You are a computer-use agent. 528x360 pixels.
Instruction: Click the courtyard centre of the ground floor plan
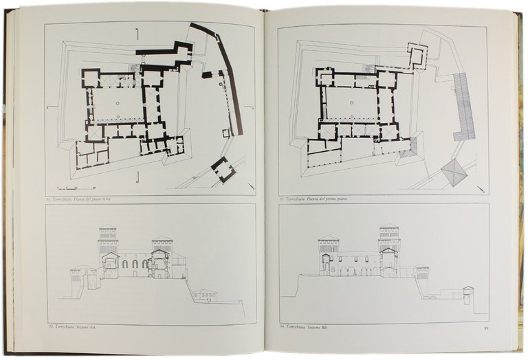(x=118, y=104)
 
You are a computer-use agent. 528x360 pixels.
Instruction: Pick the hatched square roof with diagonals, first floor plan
(x=454, y=172)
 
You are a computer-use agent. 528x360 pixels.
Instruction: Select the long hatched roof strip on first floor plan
(x=464, y=107)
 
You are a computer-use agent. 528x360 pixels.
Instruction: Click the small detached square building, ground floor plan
(x=223, y=169)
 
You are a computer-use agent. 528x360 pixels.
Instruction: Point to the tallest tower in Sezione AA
(x=107, y=244)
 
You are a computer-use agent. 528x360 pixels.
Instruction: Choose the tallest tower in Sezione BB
(x=388, y=244)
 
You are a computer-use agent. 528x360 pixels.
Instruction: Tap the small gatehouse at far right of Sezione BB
(x=468, y=293)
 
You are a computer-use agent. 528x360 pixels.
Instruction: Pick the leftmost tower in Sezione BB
(x=328, y=254)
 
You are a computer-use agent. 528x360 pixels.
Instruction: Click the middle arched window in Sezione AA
(x=135, y=264)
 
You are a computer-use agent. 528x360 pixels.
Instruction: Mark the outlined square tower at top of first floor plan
(x=417, y=56)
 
